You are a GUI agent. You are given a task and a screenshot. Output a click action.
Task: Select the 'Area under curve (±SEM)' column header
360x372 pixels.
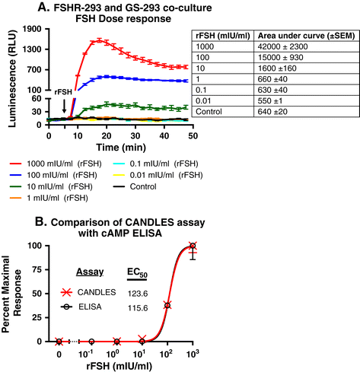point(306,36)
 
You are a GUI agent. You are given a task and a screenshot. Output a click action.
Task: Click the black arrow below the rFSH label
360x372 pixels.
point(64,106)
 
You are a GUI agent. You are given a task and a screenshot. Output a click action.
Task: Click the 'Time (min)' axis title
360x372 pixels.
point(121,148)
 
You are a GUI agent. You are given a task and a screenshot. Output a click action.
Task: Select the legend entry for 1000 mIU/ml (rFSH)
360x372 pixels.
point(56,164)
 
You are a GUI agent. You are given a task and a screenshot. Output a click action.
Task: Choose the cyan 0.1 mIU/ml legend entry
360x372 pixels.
point(155,164)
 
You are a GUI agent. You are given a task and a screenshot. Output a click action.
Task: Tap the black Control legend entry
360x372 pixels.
point(135,186)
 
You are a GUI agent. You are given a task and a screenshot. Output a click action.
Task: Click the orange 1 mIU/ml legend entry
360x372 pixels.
point(49,198)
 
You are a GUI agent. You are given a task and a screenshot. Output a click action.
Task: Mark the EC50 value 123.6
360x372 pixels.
point(138,294)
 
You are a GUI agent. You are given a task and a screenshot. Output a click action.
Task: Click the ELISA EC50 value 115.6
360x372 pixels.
point(138,308)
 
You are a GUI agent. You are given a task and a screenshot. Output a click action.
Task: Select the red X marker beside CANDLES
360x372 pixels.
point(67,292)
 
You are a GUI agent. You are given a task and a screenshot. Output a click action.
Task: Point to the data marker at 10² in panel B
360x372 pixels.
point(167,305)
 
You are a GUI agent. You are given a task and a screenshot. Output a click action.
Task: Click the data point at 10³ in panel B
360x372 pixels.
point(193,246)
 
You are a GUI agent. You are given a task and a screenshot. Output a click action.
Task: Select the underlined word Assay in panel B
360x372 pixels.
point(90,272)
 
